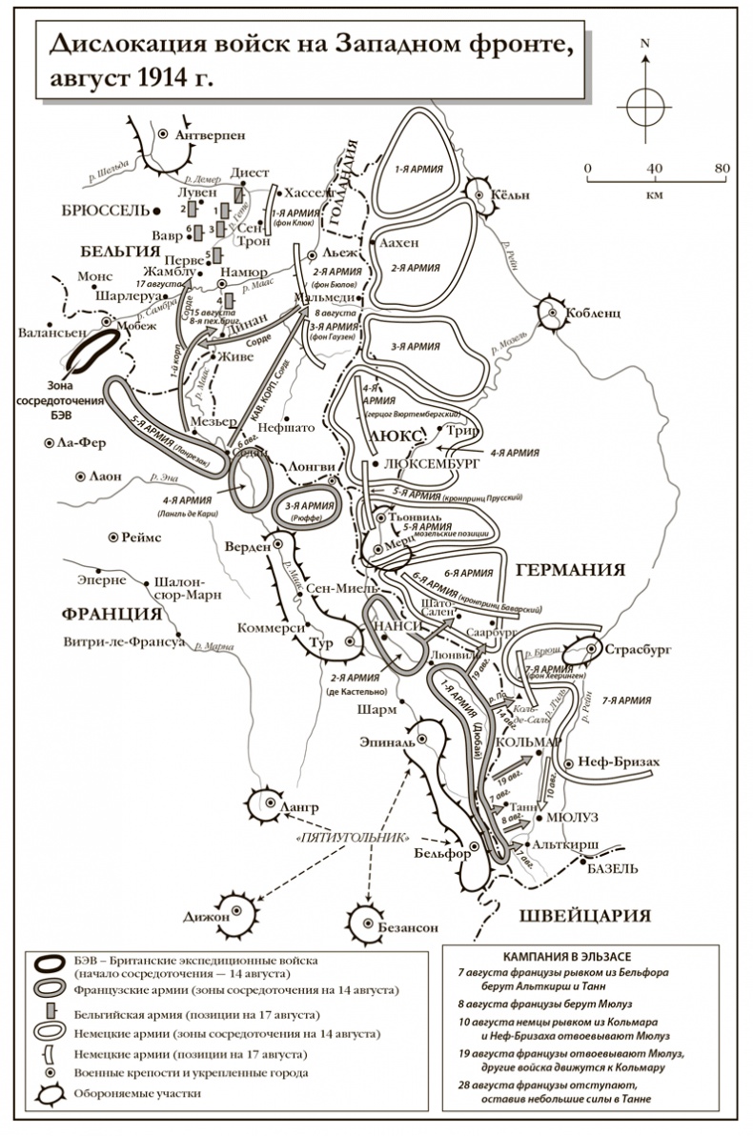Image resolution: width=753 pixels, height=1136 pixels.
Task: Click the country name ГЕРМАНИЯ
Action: [x=570, y=570]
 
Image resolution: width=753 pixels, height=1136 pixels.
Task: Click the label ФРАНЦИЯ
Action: [x=108, y=613]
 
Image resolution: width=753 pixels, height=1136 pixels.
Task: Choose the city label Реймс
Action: [x=140, y=538]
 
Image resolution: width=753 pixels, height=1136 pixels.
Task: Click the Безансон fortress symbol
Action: [x=366, y=921]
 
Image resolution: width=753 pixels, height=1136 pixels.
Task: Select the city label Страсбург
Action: [x=638, y=648]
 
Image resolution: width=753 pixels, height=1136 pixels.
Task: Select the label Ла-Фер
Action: [x=80, y=443]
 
